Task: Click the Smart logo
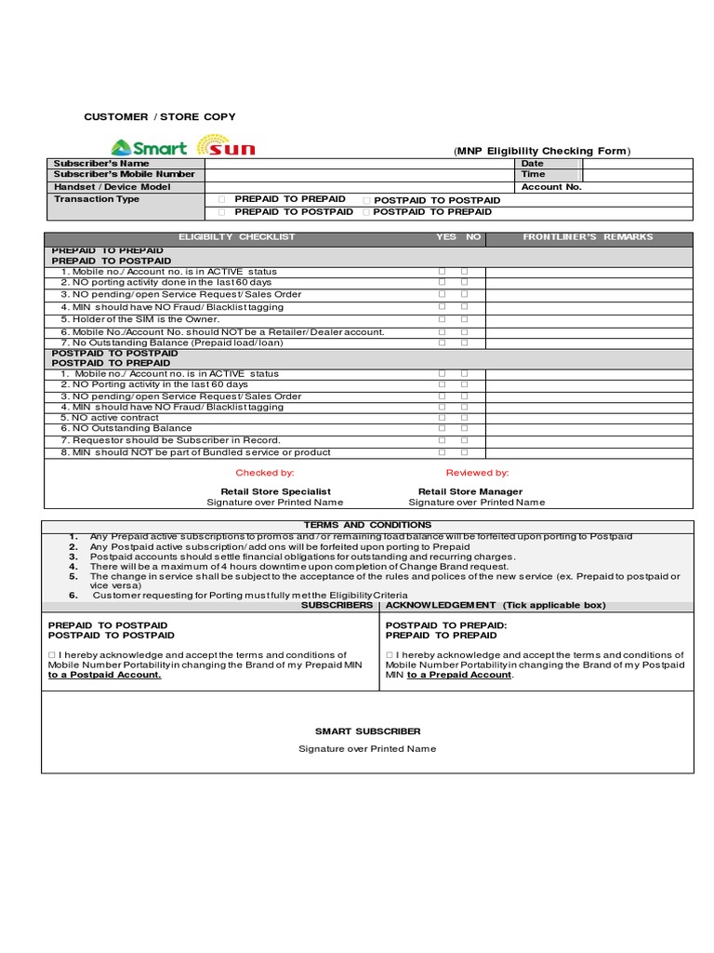[x=149, y=147]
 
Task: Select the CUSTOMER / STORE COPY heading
[x=160, y=117]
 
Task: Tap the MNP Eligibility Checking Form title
[x=542, y=152]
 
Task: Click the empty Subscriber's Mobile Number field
[x=359, y=175]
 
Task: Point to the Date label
[x=533, y=164]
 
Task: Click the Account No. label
[x=551, y=187]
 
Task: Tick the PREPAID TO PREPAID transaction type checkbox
[x=221, y=199]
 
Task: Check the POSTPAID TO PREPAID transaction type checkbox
[x=366, y=212]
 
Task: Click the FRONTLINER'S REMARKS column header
[x=588, y=237]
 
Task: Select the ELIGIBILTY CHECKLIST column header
[x=236, y=237]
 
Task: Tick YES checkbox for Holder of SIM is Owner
[x=443, y=319]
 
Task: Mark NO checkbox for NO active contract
[x=464, y=418]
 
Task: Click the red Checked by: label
[x=265, y=474]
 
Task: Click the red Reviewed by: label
[x=477, y=474]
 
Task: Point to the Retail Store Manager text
[x=470, y=491]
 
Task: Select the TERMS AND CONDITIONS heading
[x=367, y=526]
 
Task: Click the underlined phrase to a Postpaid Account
[x=105, y=676]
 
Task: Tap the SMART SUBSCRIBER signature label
[x=367, y=732]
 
